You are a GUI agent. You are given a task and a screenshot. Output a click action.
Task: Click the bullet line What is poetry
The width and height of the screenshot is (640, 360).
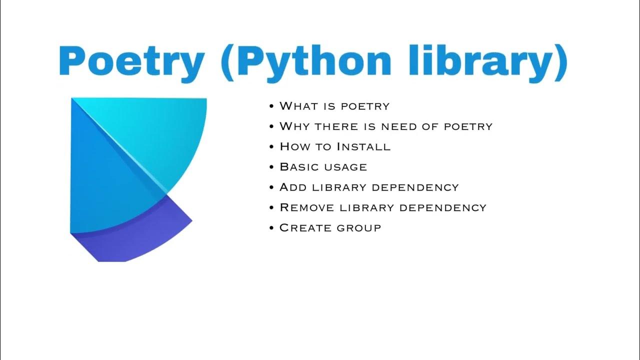(x=334, y=106)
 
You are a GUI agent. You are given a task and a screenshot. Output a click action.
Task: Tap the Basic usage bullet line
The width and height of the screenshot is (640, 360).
(x=323, y=167)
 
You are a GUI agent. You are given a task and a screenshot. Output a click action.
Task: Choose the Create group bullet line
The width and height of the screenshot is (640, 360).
(x=330, y=228)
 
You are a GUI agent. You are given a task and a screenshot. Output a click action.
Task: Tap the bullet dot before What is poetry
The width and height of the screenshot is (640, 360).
(x=271, y=106)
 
